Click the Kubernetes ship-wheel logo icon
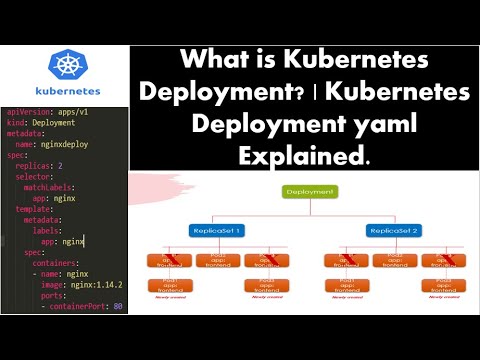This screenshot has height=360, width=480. pyautogui.click(x=67, y=66)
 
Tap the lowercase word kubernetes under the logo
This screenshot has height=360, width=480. pyautogui.click(x=66, y=92)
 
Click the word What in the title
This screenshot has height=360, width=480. pyautogui.click(x=225, y=60)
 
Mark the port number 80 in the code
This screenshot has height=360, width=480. pyautogui.click(x=119, y=305)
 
